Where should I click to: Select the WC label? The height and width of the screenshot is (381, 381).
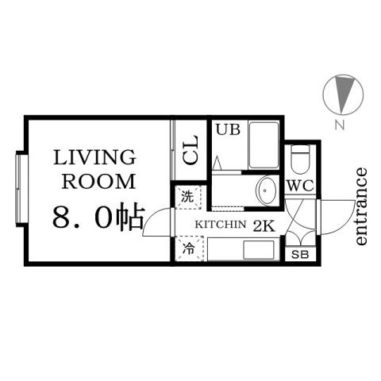point(300,186)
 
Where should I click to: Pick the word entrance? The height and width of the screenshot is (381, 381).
point(361,206)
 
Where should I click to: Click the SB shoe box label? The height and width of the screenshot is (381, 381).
point(300,255)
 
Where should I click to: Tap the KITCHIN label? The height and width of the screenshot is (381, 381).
point(220,225)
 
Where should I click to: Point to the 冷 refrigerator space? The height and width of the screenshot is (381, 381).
point(189,248)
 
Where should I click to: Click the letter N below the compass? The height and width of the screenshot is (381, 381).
point(339,125)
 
